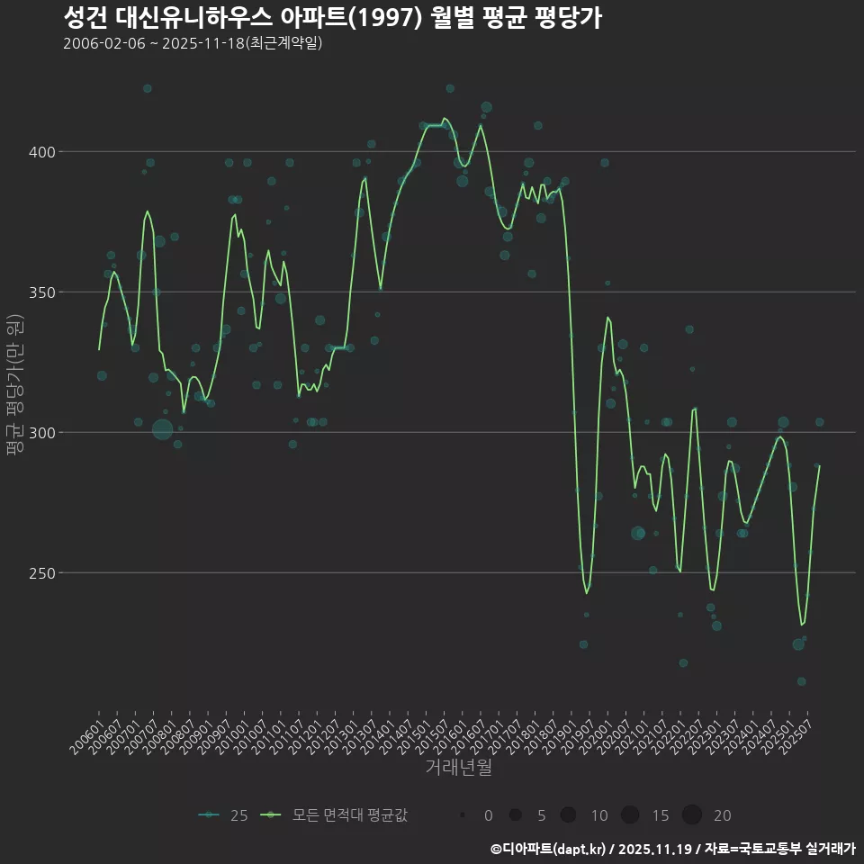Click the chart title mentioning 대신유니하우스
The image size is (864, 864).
[332, 17]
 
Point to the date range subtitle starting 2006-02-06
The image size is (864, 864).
[193, 43]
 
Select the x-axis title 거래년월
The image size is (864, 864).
[458, 768]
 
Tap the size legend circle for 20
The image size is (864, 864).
[691, 815]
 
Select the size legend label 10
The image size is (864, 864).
[598, 815]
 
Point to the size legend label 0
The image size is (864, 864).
[488, 815]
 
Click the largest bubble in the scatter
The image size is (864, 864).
[162, 429]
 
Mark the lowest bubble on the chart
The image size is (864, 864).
[801, 681]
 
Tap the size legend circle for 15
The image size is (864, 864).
[630, 815]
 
